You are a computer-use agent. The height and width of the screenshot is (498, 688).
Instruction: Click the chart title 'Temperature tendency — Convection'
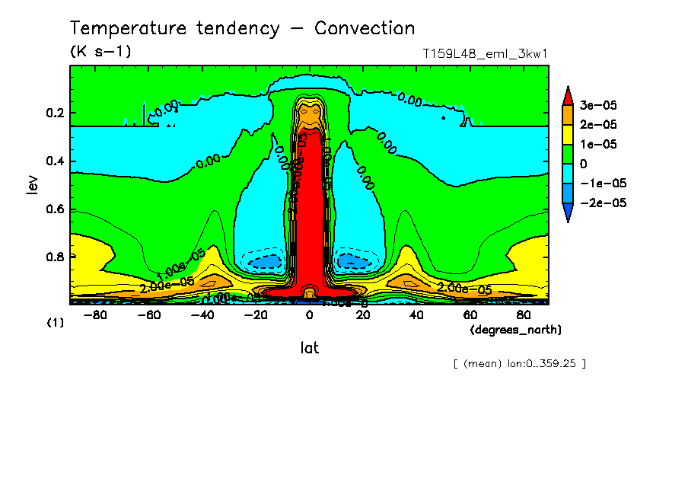(242, 29)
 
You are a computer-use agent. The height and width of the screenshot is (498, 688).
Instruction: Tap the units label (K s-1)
(100, 53)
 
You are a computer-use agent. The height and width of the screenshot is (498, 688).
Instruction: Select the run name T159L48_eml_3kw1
(486, 54)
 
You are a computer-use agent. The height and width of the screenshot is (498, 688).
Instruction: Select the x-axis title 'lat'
(309, 348)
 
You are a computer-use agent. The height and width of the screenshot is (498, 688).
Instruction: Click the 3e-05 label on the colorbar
(600, 104)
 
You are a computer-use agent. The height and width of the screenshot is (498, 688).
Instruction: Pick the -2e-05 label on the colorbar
(601, 203)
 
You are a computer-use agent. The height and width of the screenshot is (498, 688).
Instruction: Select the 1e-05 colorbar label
(600, 144)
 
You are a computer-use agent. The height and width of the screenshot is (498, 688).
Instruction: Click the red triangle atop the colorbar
(568, 95)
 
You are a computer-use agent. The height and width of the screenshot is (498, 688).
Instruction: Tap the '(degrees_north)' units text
(516, 329)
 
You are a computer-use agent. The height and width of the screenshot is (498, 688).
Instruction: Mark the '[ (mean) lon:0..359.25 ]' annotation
(519, 364)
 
